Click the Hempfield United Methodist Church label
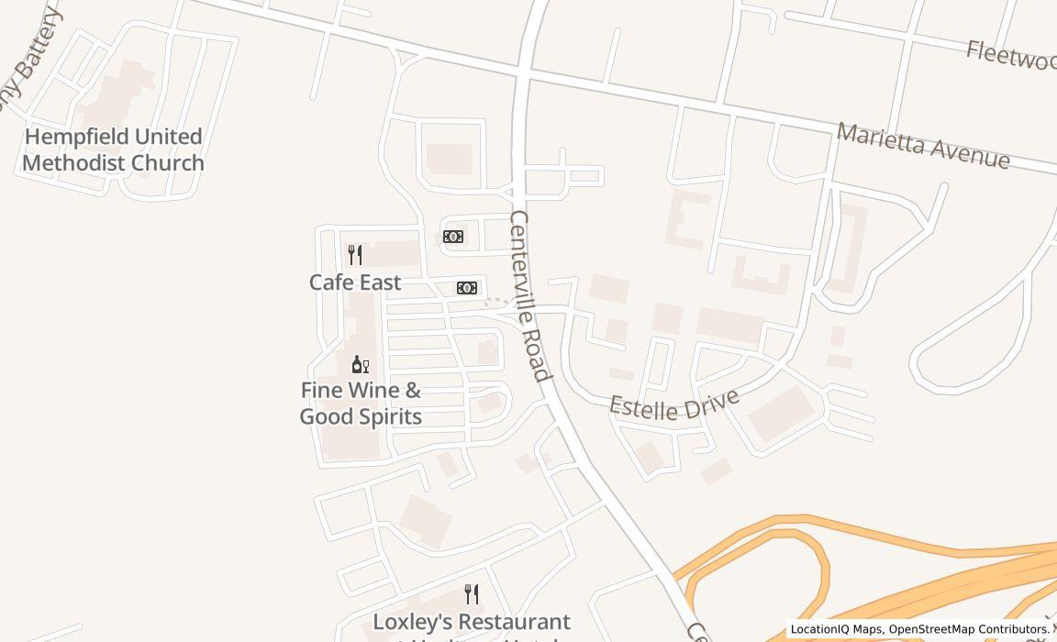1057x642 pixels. tap(113, 149)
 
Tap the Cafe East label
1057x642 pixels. tap(355, 282)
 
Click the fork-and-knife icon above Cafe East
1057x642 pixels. tap(355, 255)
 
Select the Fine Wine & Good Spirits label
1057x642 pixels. tap(361, 404)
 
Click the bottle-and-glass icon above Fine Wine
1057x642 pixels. tap(361, 365)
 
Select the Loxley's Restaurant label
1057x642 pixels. tap(471, 623)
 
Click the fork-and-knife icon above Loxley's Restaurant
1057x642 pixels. tap(472, 594)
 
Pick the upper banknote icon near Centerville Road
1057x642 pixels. tap(453, 237)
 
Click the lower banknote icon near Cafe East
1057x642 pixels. tap(467, 288)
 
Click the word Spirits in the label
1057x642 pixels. tap(386, 416)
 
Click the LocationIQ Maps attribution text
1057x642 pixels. tap(837, 630)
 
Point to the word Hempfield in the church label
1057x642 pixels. tap(76, 137)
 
